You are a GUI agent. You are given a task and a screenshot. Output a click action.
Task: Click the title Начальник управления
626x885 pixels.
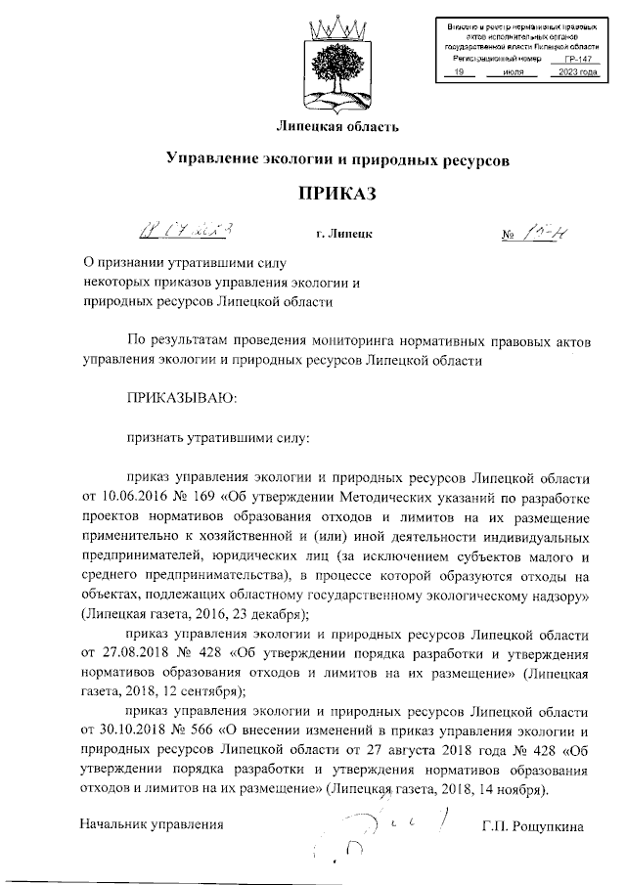(153, 826)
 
